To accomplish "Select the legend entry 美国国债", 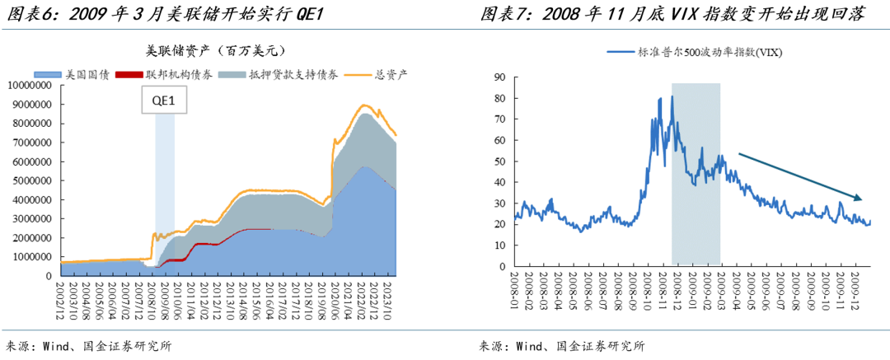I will coord(82,73).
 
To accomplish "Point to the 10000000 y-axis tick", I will coord(30,86).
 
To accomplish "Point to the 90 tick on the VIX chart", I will coord(499,77).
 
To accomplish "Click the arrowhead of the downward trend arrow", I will coord(860,199).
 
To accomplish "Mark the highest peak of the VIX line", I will coord(672,96).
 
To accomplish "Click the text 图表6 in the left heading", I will coord(27,14).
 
